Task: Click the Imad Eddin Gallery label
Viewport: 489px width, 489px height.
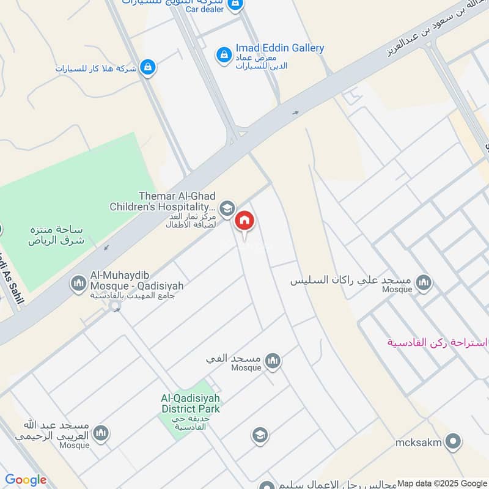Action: point(280,48)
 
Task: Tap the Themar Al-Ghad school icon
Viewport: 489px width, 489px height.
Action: point(227,208)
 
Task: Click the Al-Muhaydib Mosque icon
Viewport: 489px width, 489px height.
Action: point(78,283)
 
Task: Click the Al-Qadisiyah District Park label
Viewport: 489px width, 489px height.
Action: point(190,403)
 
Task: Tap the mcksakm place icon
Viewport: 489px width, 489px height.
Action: point(453,441)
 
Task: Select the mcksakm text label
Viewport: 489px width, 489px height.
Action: point(418,443)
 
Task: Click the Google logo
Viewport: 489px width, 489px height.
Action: point(26,480)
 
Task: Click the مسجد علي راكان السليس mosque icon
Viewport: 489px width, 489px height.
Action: point(424,283)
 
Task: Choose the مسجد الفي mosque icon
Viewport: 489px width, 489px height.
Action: point(273,361)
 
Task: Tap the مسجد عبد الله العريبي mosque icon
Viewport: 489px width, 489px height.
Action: point(101,433)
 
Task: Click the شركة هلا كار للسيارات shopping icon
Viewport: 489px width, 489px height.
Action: point(147,68)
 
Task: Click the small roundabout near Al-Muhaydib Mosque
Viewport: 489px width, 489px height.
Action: point(114,307)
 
